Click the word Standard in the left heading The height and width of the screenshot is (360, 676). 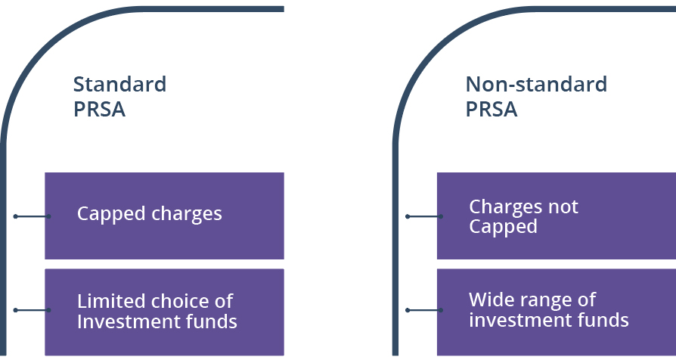(x=119, y=84)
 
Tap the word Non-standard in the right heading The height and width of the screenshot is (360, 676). (x=536, y=84)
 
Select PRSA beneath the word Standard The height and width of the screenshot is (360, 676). (x=99, y=109)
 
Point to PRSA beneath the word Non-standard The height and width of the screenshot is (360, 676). (x=491, y=109)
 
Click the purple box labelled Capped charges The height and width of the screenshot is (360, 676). (x=164, y=216)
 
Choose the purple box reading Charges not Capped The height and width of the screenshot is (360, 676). (x=557, y=216)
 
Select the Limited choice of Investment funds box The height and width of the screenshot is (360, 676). (x=164, y=312)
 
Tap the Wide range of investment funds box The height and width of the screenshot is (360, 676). (x=557, y=310)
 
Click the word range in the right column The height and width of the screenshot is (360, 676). (x=541, y=300)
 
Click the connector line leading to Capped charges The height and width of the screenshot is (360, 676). (x=32, y=216)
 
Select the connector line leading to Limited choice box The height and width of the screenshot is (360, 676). (x=32, y=310)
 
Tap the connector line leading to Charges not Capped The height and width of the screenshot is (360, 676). (x=424, y=216)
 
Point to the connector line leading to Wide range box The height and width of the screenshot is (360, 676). (x=424, y=310)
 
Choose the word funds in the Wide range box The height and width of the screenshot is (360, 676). (x=604, y=320)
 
